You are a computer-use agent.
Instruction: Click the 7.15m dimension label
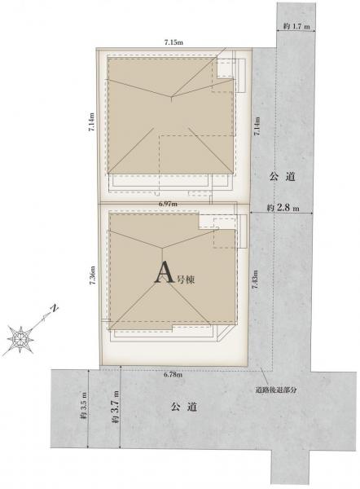tap(173, 43)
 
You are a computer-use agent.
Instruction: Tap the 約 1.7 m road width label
tap(296, 26)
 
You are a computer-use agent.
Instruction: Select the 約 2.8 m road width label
tap(283, 208)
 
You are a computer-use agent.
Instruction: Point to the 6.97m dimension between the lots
tap(168, 204)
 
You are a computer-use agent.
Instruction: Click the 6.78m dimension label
tap(173, 375)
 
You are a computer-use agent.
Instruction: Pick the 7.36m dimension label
tap(92, 275)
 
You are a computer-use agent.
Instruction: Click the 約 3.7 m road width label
tap(116, 407)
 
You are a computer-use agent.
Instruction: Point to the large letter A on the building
tap(164, 272)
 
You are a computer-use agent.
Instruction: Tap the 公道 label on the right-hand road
tap(282, 177)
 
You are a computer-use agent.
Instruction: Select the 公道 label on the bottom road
tap(184, 407)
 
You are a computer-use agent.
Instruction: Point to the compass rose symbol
tap(20, 339)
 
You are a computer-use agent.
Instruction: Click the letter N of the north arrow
tap(55, 308)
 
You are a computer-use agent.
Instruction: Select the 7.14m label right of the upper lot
tap(257, 126)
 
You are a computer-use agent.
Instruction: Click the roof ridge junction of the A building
tap(162, 249)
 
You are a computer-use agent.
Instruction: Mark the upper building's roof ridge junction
tap(171, 96)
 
